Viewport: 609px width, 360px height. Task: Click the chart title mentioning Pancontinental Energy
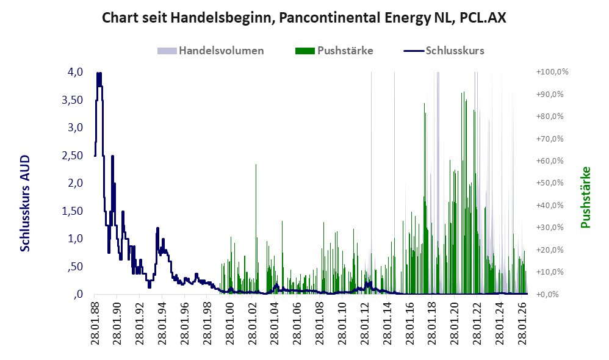(304, 18)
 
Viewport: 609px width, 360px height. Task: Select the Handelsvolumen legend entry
(211, 51)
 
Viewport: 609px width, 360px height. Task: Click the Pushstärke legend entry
(334, 51)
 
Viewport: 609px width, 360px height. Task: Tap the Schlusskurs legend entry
(444, 51)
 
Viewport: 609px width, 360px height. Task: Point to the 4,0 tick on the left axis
(75, 72)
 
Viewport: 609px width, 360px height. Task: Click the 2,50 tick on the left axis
(72, 156)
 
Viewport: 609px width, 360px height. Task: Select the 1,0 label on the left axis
(75, 239)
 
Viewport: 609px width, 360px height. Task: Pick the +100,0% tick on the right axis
(552, 72)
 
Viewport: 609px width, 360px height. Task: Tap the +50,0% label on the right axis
(550, 183)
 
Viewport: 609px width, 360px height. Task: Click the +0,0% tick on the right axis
(547, 294)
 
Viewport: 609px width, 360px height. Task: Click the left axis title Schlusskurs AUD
(25, 203)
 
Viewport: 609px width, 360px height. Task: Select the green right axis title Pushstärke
(586, 197)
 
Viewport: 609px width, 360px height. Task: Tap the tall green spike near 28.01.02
(256, 229)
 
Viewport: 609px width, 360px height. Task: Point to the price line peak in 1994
(157, 228)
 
